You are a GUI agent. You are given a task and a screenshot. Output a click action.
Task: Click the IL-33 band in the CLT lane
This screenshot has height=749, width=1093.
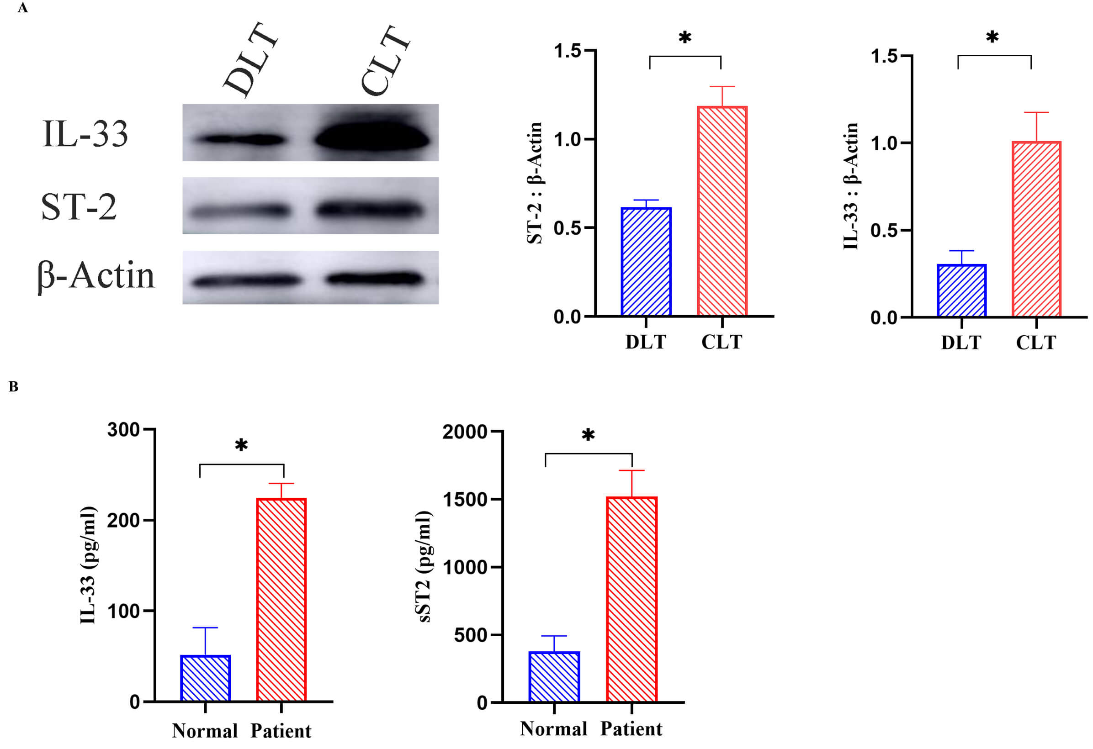point(372,138)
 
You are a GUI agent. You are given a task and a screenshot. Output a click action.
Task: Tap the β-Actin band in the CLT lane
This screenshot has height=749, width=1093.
point(374,278)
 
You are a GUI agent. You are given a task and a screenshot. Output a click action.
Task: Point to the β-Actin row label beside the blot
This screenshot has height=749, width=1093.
point(96,276)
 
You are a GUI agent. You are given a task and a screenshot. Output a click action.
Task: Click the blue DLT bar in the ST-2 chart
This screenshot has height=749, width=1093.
point(646,261)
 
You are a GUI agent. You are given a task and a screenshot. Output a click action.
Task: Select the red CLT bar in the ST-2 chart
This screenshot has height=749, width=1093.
point(722,211)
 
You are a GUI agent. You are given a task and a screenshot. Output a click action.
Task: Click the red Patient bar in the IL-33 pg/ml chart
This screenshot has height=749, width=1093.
point(281,600)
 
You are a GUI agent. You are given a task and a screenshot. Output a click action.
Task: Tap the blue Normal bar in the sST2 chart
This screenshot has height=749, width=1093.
point(554,676)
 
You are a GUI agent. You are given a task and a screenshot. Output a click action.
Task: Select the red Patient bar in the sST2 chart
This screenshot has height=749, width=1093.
point(631,599)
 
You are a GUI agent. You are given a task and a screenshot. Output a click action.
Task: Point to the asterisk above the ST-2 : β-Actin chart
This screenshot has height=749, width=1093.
point(685,37)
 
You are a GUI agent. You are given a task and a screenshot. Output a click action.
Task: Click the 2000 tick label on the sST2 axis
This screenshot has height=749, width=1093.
point(464,432)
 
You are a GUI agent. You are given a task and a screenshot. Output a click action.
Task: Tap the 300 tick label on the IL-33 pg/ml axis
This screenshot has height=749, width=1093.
point(123,430)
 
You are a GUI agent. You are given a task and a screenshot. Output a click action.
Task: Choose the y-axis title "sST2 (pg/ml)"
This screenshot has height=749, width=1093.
point(424,567)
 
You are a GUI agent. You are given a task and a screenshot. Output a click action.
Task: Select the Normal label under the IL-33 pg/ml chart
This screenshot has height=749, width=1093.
point(205,731)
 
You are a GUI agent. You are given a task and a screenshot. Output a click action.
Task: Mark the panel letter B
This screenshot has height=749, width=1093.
point(13,386)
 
